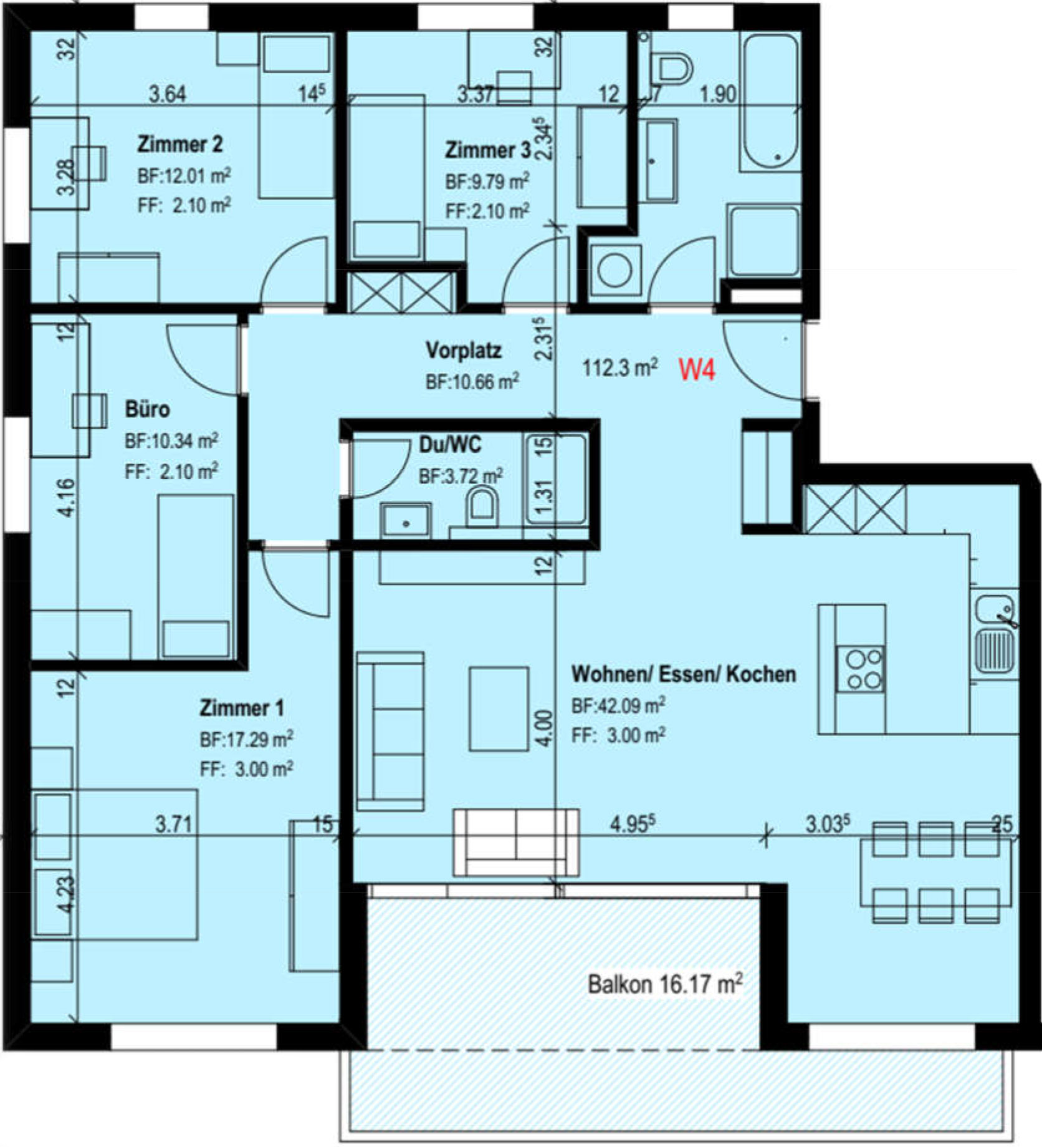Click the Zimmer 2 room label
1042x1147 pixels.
pos(179,145)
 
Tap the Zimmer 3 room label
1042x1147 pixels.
pos(488,150)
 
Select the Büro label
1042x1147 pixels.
pos(147,409)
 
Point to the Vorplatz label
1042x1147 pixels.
pos(464,350)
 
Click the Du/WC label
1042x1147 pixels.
pos(450,445)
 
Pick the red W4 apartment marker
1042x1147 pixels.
pos(697,370)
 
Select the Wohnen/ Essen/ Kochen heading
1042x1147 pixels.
pos(684,674)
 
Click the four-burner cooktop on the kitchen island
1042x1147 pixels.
pos(860,669)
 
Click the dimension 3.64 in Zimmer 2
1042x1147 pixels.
pos(168,94)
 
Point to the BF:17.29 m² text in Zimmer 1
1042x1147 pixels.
pos(246,740)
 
